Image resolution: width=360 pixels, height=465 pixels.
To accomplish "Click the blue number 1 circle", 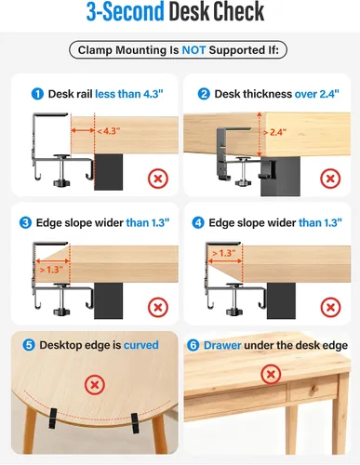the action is click(x=37, y=94).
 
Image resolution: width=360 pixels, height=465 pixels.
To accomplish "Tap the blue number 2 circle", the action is click(x=204, y=94).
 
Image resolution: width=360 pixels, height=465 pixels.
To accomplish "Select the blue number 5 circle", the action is click(x=29, y=345).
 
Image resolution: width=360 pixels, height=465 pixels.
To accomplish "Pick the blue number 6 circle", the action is click(x=193, y=345).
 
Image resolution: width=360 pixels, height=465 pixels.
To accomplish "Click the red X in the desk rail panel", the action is click(x=158, y=179).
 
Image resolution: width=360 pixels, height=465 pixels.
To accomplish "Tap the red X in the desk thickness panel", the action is click(x=330, y=179).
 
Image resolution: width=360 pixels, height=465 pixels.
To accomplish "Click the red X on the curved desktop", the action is click(x=95, y=385).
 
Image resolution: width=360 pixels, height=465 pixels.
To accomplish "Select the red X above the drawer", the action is click(x=271, y=374).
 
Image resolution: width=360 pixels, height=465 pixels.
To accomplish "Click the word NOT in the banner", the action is click(x=193, y=50).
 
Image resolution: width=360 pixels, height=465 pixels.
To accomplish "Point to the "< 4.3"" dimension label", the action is click(x=109, y=131).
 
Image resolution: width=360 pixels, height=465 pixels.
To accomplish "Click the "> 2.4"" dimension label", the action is click(x=274, y=132).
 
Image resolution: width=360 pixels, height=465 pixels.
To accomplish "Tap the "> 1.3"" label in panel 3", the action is click(x=51, y=270).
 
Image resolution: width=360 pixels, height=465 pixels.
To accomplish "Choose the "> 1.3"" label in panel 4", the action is click(x=224, y=253).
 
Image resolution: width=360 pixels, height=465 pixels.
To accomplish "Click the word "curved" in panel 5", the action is click(x=141, y=345).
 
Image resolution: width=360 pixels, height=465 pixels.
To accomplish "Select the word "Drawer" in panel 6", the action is click(x=222, y=345).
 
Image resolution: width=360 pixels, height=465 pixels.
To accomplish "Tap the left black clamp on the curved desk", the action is click(x=53, y=418).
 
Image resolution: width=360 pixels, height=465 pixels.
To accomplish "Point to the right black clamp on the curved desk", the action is click(x=135, y=422).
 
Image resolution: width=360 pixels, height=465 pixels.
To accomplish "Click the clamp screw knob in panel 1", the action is click(x=62, y=182).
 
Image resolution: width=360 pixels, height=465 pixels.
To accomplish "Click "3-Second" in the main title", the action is click(x=125, y=11).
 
